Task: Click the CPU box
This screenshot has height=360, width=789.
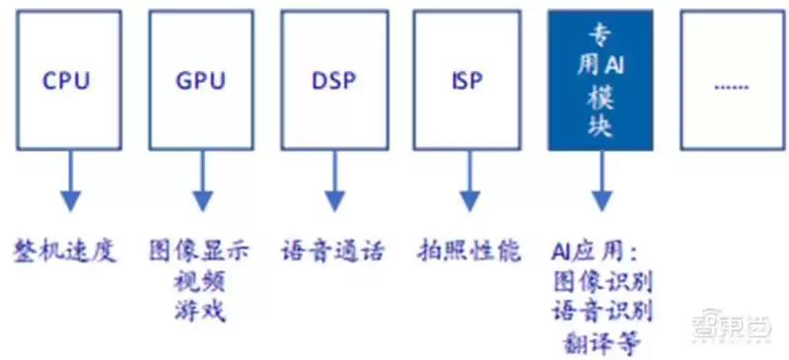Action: [66, 80]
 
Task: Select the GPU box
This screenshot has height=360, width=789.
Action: [200, 80]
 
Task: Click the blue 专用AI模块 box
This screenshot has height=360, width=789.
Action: [600, 80]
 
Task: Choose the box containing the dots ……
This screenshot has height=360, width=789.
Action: [731, 80]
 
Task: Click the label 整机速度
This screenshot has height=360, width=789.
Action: [66, 251]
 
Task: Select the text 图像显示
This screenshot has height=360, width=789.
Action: [200, 251]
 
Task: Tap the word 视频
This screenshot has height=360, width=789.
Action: [200, 281]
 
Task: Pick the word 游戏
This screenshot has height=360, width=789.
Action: [200, 312]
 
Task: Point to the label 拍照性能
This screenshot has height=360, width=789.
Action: [467, 251]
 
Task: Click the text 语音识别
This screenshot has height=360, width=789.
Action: [603, 313]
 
